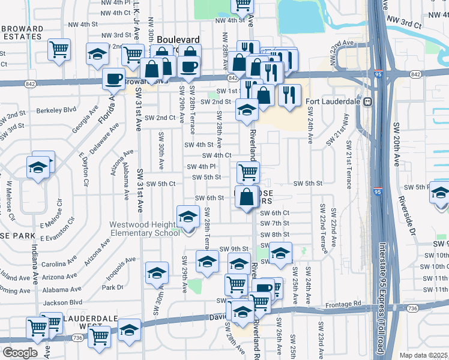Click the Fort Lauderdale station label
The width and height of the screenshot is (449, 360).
(332, 101)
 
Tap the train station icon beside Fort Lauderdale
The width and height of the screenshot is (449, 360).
(366, 101)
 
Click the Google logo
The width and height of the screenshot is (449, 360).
(20, 353)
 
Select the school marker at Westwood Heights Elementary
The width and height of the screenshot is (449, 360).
(188, 217)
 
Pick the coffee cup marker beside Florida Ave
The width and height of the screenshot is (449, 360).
(113, 79)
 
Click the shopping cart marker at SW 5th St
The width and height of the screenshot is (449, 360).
(248, 172)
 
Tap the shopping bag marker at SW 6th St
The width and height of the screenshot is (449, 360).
(247, 197)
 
